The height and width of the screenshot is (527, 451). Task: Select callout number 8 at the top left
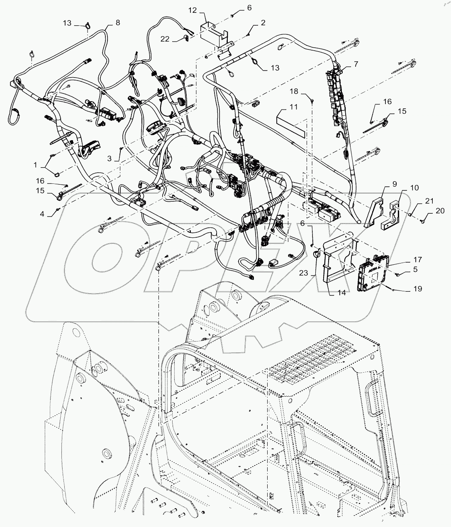pos(118,23)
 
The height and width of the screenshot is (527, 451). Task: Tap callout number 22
pos(165,39)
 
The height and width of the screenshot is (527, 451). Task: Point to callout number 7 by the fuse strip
pos(356,64)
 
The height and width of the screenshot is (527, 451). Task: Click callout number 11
pos(294,107)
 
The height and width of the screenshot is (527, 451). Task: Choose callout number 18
pos(305,91)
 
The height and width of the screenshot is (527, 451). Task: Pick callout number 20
pos(440,211)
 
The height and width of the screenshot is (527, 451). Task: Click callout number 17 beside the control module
pos(417,260)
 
